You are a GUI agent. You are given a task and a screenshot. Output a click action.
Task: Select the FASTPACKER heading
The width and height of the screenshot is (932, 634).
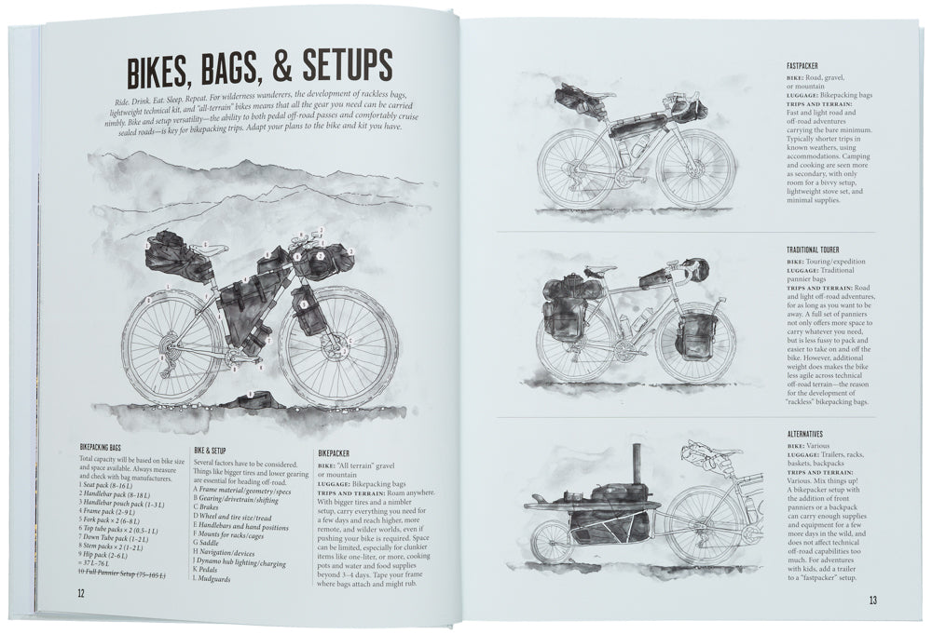[809, 66]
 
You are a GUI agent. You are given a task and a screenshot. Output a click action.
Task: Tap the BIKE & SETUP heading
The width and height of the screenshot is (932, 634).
[218, 449]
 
